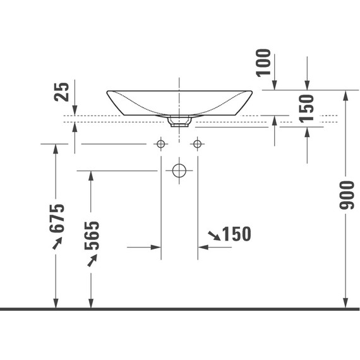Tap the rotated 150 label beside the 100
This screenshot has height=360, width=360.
coord(306,109)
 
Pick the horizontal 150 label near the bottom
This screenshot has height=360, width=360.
coord(237,234)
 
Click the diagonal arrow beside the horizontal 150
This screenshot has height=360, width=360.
coord(214,236)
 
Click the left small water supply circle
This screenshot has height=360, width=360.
coord(161,145)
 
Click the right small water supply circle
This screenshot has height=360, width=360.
coord(198,145)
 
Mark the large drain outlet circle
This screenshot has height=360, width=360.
coord(179,170)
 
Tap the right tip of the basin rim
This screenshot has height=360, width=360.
coord(252,92)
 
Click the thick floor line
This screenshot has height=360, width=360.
coord(179,309)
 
